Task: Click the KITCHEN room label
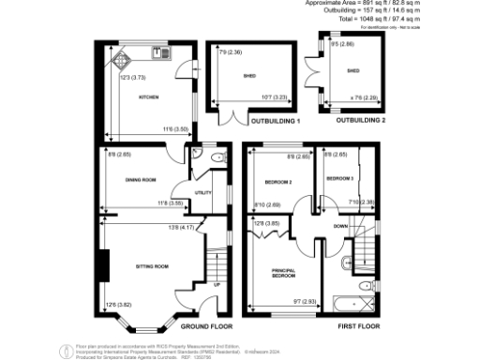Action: click(149, 97)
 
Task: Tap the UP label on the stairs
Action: click(217, 285)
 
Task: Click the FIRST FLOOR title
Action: click(357, 326)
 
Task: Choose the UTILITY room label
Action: click(203, 193)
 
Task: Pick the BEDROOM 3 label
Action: click(339, 177)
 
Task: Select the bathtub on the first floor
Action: click(356, 303)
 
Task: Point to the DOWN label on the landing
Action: click(341, 227)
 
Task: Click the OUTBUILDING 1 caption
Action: click(273, 123)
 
